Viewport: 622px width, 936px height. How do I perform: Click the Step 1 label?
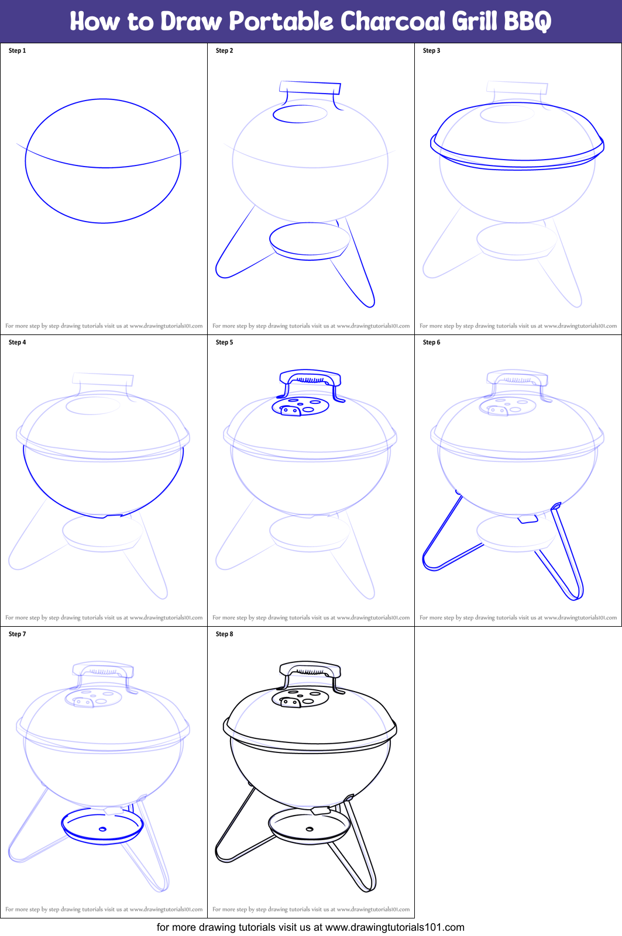[x=18, y=51]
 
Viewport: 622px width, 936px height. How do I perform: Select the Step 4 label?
[x=18, y=343]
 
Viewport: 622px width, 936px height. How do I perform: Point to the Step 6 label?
[x=431, y=343]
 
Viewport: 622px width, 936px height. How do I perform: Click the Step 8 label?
[x=224, y=634]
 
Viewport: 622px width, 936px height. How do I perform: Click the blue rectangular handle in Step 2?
[x=310, y=88]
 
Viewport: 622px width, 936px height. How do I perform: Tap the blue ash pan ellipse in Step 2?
[x=310, y=239]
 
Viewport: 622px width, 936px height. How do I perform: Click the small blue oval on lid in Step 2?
[x=300, y=113]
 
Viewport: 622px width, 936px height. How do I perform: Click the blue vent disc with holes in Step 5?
[x=301, y=406]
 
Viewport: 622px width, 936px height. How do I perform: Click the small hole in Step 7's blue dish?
[x=102, y=829]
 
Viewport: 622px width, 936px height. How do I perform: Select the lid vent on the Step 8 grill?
[x=301, y=698]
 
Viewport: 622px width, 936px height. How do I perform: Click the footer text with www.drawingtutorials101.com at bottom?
[x=311, y=927]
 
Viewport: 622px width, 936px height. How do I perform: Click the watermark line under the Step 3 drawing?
[x=518, y=326]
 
